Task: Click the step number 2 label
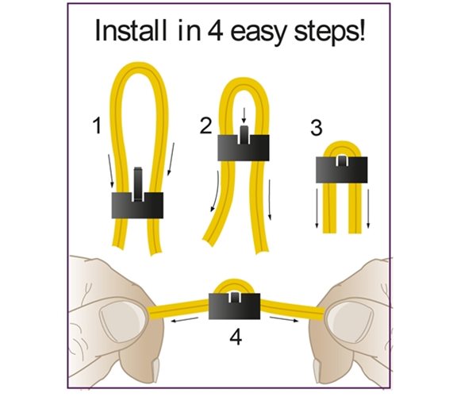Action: [x=206, y=125]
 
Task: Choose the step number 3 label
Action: [x=316, y=127]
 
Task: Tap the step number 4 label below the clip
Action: [x=236, y=337]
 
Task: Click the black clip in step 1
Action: [x=136, y=206]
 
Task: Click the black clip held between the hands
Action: [x=236, y=305]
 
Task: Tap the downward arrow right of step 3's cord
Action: [x=370, y=210]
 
